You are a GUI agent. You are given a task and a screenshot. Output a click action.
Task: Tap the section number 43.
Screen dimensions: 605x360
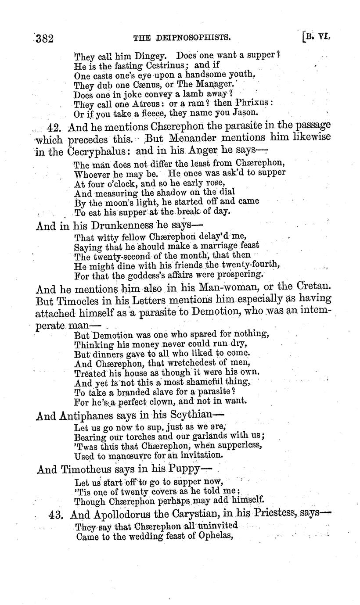point(57,514)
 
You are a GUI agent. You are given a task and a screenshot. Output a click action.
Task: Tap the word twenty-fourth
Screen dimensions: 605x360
point(245,265)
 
